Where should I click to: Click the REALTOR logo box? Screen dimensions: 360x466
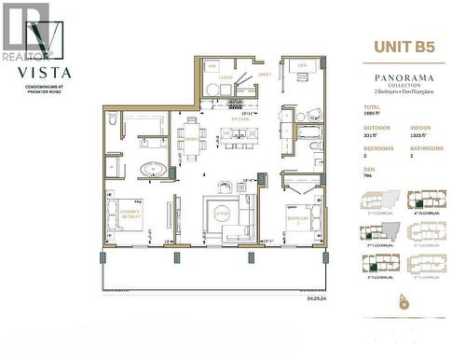[25, 28]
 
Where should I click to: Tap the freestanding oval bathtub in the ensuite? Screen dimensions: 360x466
[153, 171]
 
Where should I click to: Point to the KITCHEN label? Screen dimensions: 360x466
[240, 123]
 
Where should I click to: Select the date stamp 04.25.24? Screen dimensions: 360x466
[319, 298]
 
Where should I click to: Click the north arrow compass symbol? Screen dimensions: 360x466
[404, 300]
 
